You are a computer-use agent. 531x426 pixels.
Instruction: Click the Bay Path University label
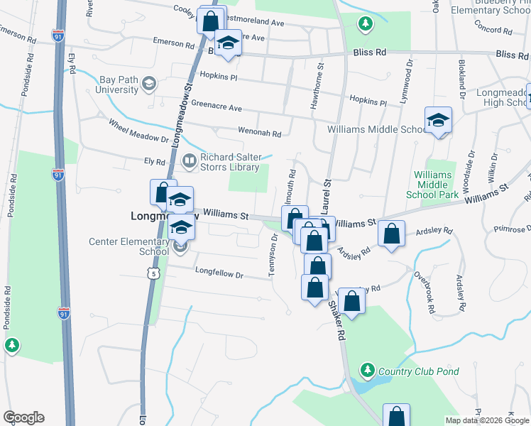(114, 85)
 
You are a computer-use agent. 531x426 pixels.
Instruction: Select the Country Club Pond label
(418, 371)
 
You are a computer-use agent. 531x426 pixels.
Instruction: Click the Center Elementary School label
(129, 246)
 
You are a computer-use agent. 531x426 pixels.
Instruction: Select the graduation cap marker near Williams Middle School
(439, 121)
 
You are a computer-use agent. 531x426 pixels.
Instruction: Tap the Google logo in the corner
(23, 417)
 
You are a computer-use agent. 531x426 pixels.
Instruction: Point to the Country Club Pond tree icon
(367, 370)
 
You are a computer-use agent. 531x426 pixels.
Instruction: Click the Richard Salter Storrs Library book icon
(190, 161)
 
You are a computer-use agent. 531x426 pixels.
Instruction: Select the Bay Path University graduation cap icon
(148, 85)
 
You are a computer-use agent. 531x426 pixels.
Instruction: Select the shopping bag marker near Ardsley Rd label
(392, 235)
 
